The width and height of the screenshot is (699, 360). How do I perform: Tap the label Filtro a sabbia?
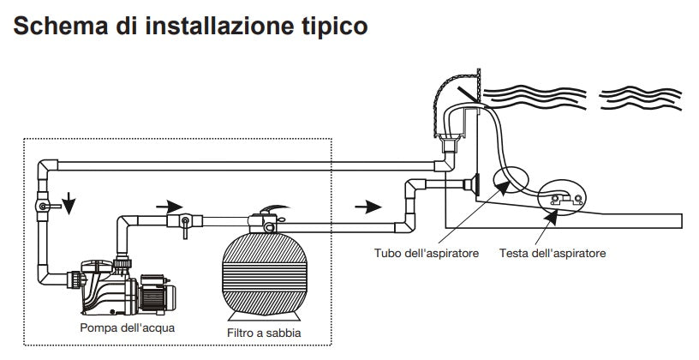click(264, 333)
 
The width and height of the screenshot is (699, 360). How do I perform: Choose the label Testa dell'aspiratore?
click(552, 254)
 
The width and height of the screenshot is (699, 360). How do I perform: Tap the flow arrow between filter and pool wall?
click(367, 206)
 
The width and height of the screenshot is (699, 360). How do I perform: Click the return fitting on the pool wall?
click(470, 183)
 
